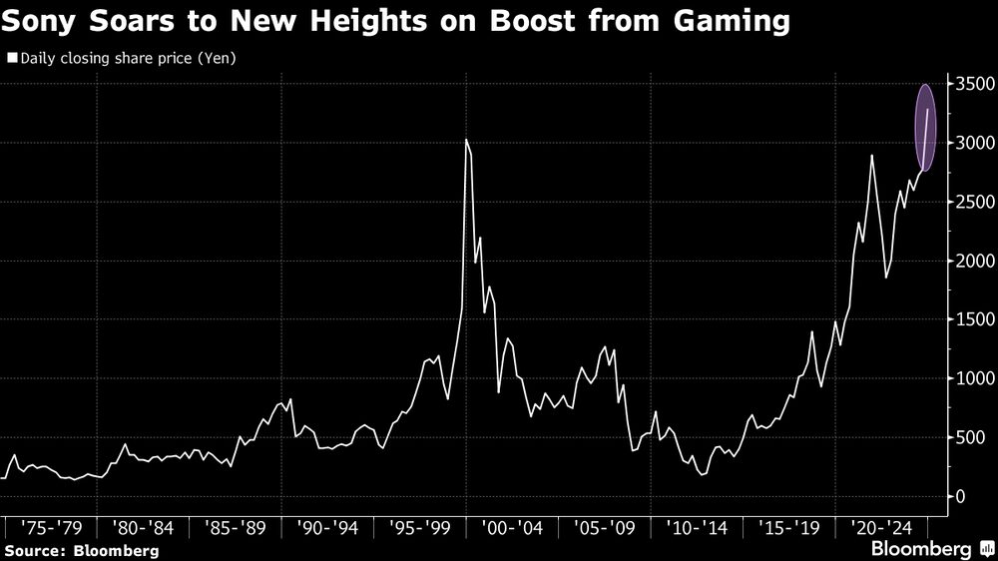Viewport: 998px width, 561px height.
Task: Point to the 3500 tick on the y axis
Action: [970, 85]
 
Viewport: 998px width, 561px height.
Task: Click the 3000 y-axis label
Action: [970, 144]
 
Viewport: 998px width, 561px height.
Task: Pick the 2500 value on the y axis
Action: [970, 203]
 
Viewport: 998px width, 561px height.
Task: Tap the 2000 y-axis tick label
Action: [970, 262]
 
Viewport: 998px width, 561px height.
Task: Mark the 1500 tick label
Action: [970, 320]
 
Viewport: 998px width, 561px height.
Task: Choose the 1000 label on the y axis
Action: [970, 379]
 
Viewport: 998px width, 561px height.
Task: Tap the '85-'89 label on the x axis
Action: [234, 526]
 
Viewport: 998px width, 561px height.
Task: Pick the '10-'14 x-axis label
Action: [697, 526]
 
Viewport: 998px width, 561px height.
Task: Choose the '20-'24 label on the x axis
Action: [881, 526]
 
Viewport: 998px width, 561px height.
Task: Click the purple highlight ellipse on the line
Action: [925, 127]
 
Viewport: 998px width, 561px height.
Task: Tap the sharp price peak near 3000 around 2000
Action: [467, 142]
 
